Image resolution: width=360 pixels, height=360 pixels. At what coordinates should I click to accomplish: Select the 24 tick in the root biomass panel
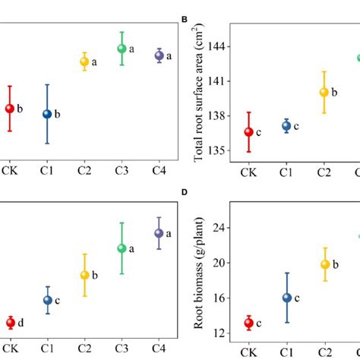[220, 228]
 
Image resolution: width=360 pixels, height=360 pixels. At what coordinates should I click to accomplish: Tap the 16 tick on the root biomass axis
[220, 298]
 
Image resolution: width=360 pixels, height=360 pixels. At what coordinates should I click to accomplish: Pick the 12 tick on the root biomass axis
[220, 333]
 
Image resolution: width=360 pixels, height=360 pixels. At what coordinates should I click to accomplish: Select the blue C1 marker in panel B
[286, 126]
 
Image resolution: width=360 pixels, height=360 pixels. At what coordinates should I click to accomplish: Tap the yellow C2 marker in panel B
[324, 92]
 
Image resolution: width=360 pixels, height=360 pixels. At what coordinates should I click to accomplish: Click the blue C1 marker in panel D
[286, 298]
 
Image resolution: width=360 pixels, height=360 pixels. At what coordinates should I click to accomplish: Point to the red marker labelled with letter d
[10, 323]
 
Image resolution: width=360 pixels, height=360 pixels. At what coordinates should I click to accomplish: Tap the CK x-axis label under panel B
[248, 172]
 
